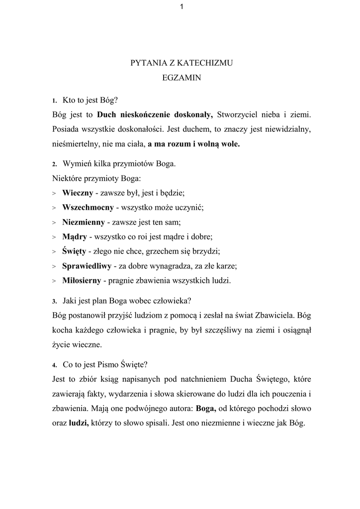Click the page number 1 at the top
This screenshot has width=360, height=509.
pyautogui.click(x=181, y=6)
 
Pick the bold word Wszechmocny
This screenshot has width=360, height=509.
pyautogui.click(x=88, y=207)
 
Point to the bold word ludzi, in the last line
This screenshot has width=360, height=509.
pyautogui.click(x=79, y=424)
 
